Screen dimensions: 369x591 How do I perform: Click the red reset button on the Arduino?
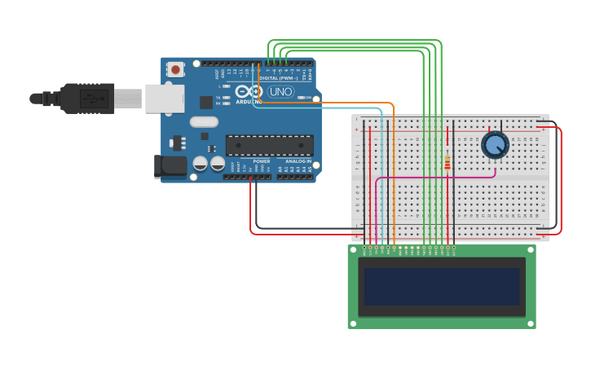[175, 70]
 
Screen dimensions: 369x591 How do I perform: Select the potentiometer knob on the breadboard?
[494, 145]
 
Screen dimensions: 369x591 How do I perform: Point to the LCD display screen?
[442, 287]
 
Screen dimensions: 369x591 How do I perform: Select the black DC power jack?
[170, 165]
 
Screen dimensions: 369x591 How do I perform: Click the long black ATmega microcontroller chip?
[269, 145]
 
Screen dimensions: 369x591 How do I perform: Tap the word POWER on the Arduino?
[261, 161]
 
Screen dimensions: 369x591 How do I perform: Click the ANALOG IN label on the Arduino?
[298, 161]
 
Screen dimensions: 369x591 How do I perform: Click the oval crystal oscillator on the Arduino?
[204, 122]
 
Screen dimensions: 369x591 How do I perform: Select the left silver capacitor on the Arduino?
[200, 164]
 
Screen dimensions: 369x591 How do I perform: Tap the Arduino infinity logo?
[254, 92]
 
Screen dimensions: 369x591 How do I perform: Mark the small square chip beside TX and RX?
[206, 102]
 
